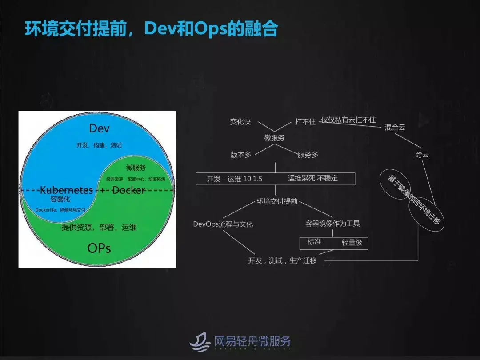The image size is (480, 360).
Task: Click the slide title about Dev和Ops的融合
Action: (x=151, y=29)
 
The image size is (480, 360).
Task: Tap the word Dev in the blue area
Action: (x=99, y=128)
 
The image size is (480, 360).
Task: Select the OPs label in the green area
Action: (x=99, y=248)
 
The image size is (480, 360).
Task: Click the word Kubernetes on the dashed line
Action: (x=67, y=190)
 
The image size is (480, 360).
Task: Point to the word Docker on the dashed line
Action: (x=128, y=190)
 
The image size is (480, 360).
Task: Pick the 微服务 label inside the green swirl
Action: (x=136, y=168)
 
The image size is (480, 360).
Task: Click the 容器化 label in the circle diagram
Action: (x=60, y=199)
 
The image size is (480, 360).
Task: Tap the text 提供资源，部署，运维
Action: (x=99, y=227)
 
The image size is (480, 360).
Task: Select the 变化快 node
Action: (x=240, y=121)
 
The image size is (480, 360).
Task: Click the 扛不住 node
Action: (x=305, y=121)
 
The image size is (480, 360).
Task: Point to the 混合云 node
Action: (x=395, y=127)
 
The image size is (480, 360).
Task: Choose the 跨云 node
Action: (x=422, y=155)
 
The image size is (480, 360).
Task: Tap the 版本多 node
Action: (x=241, y=155)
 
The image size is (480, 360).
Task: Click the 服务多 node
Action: (x=308, y=155)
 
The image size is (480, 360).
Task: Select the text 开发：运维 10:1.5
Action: (x=235, y=179)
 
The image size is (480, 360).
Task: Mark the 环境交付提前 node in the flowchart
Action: (x=277, y=201)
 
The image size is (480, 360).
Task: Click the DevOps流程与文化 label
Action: (x=223, y=224)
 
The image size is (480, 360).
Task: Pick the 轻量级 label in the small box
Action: (x=352, y=243)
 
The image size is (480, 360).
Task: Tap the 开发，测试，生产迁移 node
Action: (x=282, y=260)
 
